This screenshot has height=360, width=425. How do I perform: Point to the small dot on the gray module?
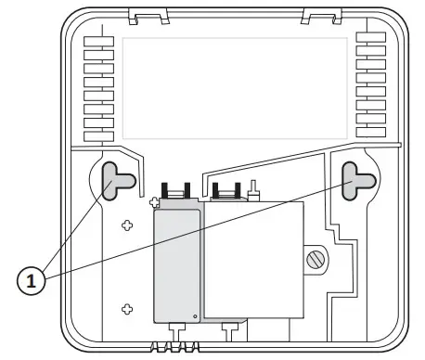[194, 315]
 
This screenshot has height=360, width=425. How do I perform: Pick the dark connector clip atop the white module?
[225, 191]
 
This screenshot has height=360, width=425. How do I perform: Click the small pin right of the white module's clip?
[251, 193]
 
